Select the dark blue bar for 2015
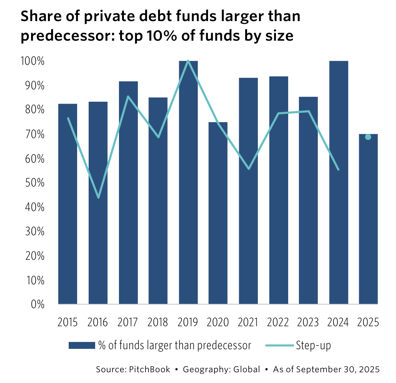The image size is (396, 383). (x=68, y=204)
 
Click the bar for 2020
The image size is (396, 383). (x=218, y=213)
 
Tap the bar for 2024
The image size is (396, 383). (x=338, y=182)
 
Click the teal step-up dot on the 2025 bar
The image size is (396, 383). (x=368, y=137)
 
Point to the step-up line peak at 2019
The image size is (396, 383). (x=188, y=61)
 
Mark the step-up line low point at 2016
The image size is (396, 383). (x=99, y=198)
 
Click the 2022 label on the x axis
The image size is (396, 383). (x=278, y=322)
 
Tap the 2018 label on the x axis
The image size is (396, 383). (x=158, y=322)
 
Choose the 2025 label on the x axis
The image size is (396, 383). (x=368, y=322)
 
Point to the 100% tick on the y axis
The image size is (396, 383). (x=33, y=61)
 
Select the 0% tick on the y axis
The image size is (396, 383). (x=37, y=305)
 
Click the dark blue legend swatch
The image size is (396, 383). (x=81, y=345)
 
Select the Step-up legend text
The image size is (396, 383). (x=313, y=345)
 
